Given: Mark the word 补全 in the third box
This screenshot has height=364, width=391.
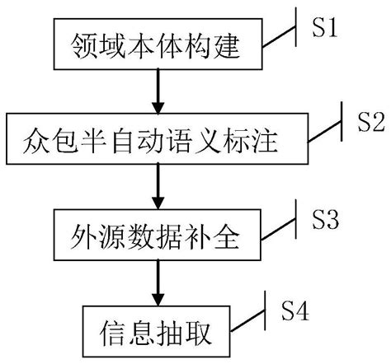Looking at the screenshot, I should pos(213,240).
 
